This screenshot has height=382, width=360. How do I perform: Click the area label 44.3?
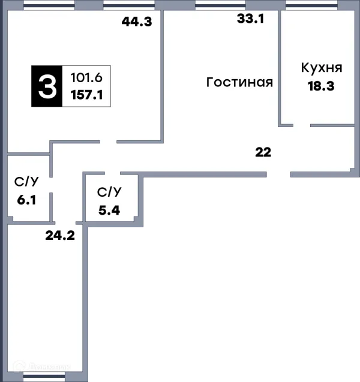pyautogui.click(x=137, y=22)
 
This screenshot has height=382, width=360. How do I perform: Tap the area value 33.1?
pyautogui.click(x=250, y=19)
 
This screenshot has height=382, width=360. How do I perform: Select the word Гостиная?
pyautogui.click(x=239, y=82)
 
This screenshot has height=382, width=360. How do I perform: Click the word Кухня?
pyautogui.click(x=322, y=67)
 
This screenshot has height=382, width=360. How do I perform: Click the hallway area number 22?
pyautogui.click(x=263, y=152)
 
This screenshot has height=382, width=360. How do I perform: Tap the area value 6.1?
pyautogui.click(x=26, y=200)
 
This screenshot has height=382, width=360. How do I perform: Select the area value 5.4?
pyautogui.click(x=110, y=210)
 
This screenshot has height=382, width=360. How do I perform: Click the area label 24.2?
pyautogui.click(x=59, y=235)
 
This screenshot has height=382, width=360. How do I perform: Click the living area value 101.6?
pyautogui.click(x=86, y=78)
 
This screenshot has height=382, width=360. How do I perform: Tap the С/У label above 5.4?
pyautogui.click(x=110, y=192)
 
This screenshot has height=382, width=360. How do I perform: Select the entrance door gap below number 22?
pyautogui.click(x=278, y=175)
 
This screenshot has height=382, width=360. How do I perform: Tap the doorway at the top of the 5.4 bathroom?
pyautogui.click(x=112, y=173)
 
